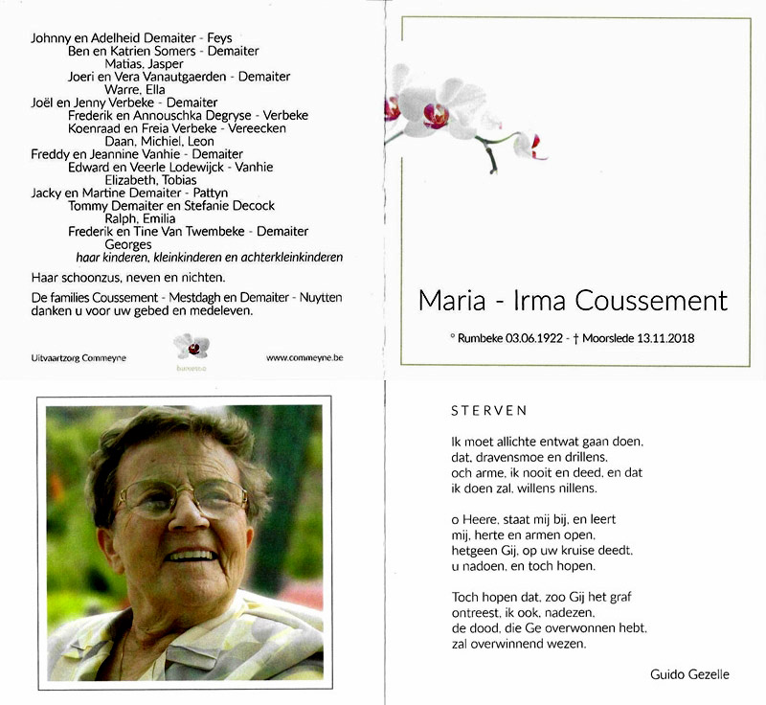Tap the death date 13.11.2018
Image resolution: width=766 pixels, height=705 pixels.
663,338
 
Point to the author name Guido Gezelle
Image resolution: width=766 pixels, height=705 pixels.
689,674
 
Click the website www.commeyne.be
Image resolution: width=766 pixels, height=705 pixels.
304,358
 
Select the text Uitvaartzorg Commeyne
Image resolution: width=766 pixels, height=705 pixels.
79,358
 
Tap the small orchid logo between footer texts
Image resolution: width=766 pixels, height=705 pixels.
191,347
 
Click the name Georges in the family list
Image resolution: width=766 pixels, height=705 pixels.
128,244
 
